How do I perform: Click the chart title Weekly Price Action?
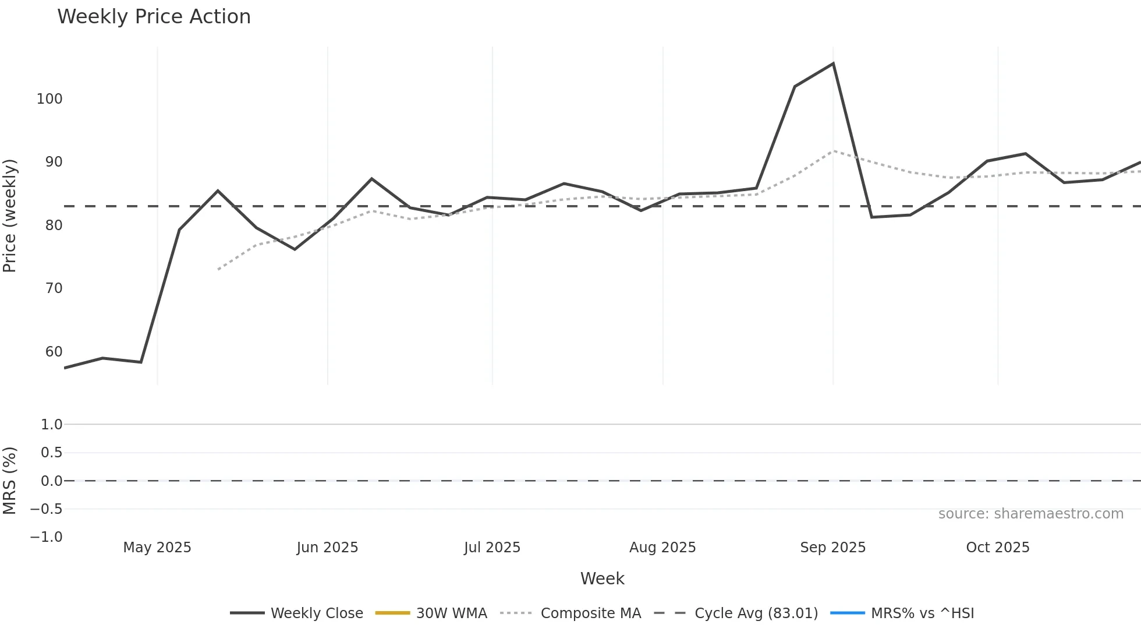154,17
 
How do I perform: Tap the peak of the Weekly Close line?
833,64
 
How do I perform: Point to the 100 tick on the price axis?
49,99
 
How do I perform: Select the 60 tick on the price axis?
54,352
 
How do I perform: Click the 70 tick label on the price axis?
54,288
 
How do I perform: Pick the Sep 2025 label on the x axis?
832,548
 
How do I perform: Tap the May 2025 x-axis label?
157,548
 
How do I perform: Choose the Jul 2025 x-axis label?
492,548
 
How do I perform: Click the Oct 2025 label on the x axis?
997,548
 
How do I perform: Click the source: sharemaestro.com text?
1030,514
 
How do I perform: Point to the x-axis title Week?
602,578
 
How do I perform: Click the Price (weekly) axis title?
10,216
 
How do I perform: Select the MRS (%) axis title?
10,481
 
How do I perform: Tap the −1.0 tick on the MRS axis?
47,537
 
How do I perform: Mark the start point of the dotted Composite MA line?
218,269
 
